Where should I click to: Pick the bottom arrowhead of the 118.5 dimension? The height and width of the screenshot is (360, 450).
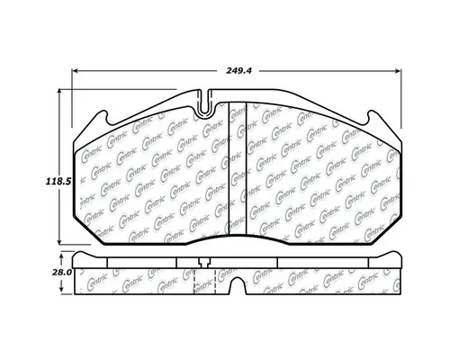click(x=60, y=245)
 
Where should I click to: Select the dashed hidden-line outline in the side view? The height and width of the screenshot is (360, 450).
click(x=196, y=279)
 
